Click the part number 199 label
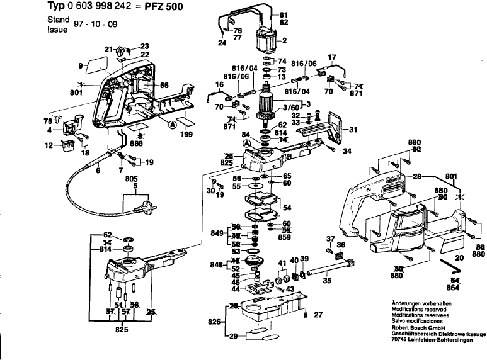click(186, 134)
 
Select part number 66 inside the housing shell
click(163, 85)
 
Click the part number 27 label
click(318, 315)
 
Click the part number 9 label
click(81, 65)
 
